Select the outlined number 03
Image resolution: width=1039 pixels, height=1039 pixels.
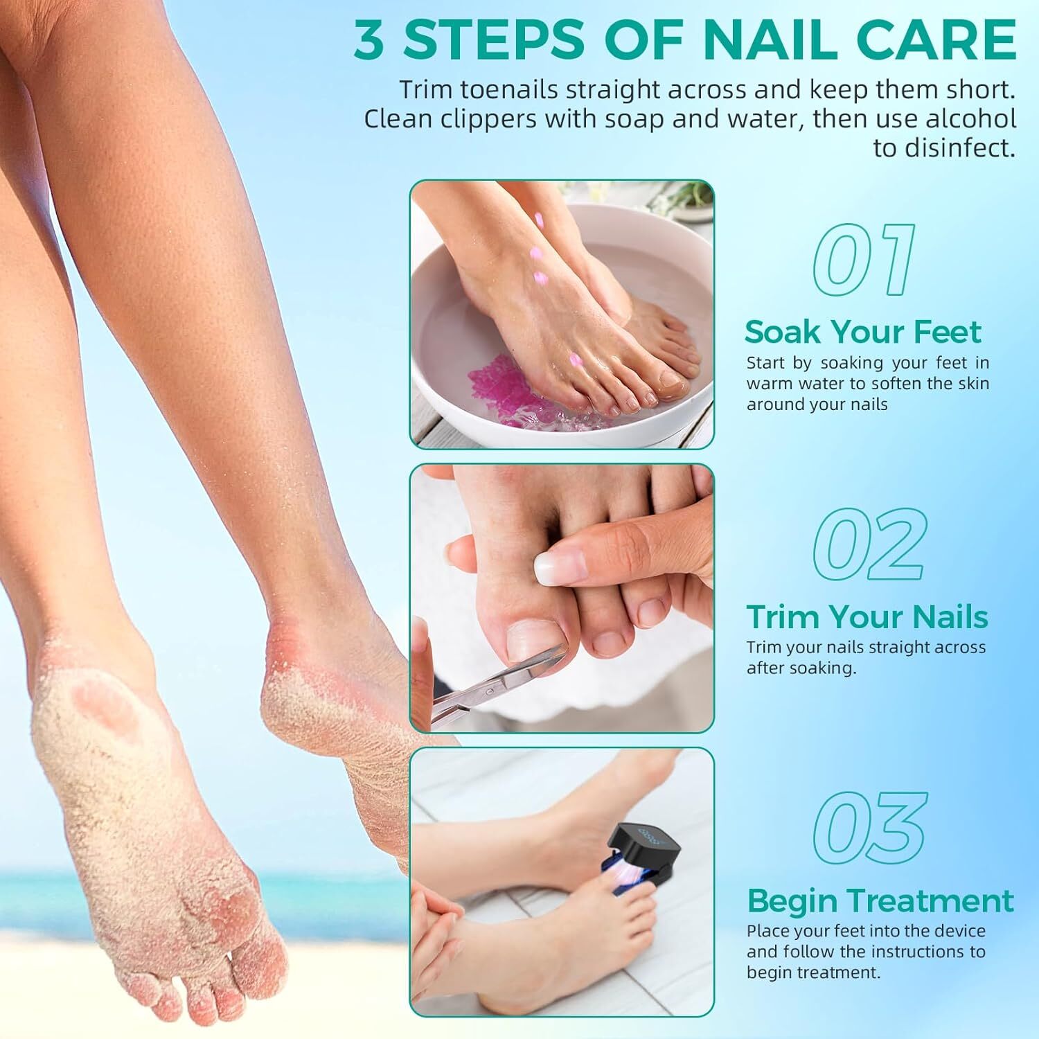click(x=870, y=829)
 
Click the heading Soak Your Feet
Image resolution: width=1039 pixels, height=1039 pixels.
click(x=862, y=332)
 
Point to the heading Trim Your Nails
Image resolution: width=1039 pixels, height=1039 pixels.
click(x=867, y=616)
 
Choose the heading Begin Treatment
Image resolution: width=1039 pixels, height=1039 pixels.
click(x=880, y=901)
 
